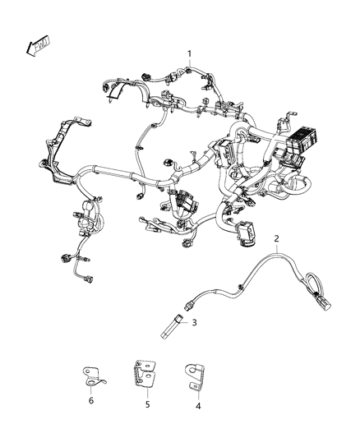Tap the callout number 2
coord(277,238)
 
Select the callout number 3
coord(194,324)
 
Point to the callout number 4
coord(197,404)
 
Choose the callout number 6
coord(91,400)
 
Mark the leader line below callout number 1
coord(191,66)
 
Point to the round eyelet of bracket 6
coord(88,380)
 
